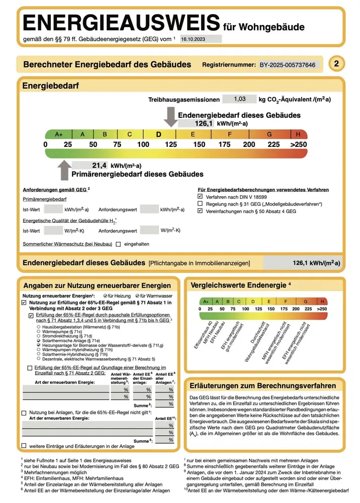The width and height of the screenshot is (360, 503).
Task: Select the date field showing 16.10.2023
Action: point(201,38)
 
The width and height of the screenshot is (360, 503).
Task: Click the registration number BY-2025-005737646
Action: point(287,65)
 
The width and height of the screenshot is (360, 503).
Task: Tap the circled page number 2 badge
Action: point(336,64)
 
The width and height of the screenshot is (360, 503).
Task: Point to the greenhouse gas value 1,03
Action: point(240,100)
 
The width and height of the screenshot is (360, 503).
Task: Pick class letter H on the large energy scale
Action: point(298,134)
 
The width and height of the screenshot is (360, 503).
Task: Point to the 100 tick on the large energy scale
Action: point(143,144)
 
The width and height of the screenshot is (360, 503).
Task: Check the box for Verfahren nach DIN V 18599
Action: point(201,197)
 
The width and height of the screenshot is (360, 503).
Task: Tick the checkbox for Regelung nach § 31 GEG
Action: point(201,204)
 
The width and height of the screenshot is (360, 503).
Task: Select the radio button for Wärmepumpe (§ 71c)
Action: point(39,332)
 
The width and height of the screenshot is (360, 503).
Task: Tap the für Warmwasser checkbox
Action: point(136,296)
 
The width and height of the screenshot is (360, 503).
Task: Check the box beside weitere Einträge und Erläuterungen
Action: point(24,446)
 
